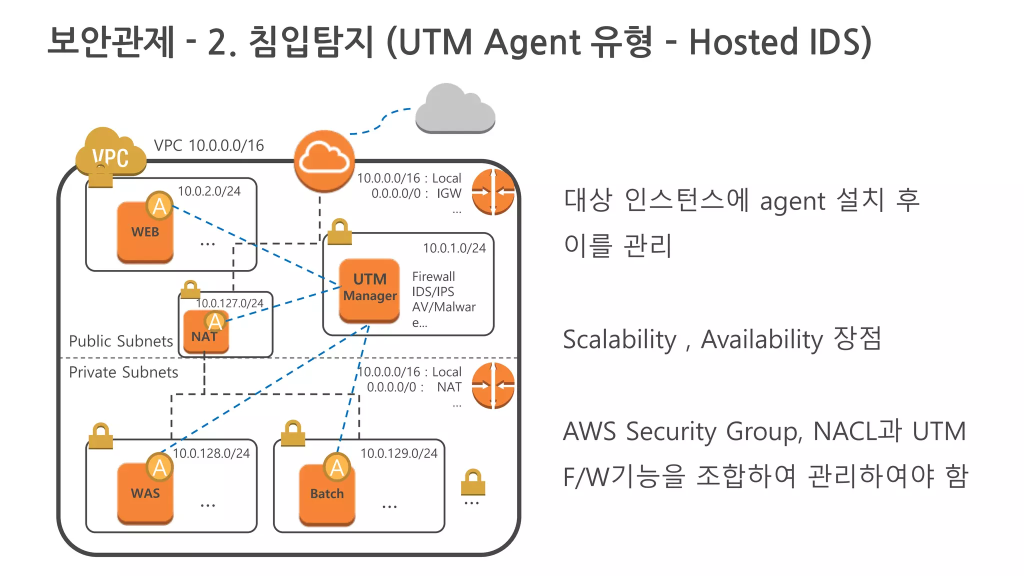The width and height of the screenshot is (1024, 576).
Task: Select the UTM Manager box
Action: (x=369, y=290)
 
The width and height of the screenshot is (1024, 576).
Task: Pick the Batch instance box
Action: (x=327, y=494)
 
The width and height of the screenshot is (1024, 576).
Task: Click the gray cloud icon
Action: (x=454, y=110)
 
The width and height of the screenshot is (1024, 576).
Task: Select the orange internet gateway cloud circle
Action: (x=324, y=161)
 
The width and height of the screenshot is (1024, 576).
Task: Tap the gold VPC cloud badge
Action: (x=110, y=153)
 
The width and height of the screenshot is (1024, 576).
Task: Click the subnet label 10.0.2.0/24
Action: (x=209, y=191)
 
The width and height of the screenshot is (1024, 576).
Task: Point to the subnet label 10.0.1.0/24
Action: (x=454, y=248)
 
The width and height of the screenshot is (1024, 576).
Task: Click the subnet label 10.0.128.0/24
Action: (x=211, y=453)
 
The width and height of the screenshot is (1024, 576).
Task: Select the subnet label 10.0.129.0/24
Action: (x=398, y=453)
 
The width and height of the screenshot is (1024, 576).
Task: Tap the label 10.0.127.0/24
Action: (x=229, y=303)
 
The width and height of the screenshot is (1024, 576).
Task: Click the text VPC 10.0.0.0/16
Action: (x=208, y=145)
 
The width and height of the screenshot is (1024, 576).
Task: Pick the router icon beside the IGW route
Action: (x=493, y=192)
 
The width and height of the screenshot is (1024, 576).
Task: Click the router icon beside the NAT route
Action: (x=493, y=385)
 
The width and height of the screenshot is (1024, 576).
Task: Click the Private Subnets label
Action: (x=123, y=372)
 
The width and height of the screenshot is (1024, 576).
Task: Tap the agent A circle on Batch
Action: (x=337, y=467)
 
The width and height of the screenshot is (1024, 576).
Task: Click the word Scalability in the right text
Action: (x=619, y=340)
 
